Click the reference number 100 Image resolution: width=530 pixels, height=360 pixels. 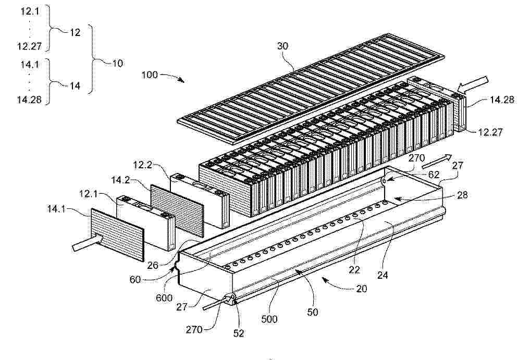[x=150, y=75]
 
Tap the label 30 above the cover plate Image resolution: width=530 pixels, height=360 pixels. [x=282, y=46]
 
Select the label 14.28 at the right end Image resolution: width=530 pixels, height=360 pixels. [x=502, y=100]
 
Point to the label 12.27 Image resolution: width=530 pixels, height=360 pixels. [x=490, y=131]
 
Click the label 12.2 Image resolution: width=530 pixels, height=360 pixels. [x=143, y=165]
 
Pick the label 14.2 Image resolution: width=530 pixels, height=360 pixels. [x=120, y=180]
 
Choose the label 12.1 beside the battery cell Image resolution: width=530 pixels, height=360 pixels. [x=89, y=194]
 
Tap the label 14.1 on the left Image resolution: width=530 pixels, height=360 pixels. [x=56, y=209]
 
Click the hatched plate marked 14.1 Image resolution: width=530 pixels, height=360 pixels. [x=117, y=234]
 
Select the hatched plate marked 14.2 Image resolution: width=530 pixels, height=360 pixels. [x=177, y=210]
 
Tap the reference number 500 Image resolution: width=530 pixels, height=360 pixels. [x=269, y=319]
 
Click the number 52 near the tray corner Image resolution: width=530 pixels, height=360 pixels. [x=239, y=333]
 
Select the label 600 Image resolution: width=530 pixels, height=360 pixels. [x=164, y=298]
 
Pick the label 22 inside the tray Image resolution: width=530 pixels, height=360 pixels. [x=354, y=269]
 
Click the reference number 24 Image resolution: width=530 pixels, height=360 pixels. [x=383, y=275]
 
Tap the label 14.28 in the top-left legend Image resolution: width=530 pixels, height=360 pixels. [x=29, y=100]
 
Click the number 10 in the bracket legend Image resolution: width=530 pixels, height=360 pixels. [x=117, y=63]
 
